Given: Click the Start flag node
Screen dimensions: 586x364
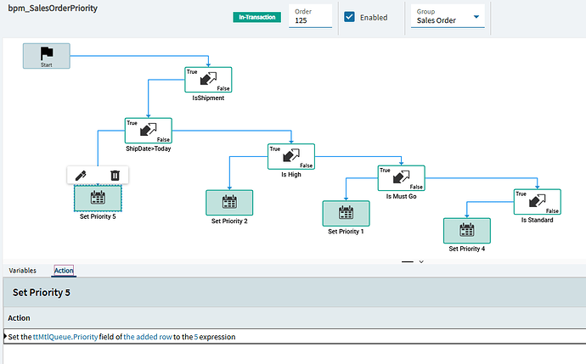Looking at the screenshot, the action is pyautogui.click(x=47, y=56).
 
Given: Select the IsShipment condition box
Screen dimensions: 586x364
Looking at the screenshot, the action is pyautogui.click(x=208, y=80).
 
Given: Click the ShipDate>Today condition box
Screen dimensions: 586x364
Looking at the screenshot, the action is pyautogui.click(x=149, y=131).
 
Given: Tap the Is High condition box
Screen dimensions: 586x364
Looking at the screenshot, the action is pyautogui.click(x=291, y=156).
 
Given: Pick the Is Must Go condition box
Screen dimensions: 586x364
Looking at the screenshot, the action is pyautogui.click(x=402, y=178).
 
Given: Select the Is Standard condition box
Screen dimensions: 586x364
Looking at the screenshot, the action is pyautogui.click(x=538, y=202).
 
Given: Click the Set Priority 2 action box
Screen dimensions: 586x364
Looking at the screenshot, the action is pyautogui.click(x=229, y=203).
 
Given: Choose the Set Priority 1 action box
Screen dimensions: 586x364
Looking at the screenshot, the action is pyautogui.click(x=346, y=214).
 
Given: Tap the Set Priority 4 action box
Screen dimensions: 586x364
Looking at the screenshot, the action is pyautogui.click(x=467, y=231).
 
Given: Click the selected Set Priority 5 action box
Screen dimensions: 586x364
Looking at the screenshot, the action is pyautogui.click(x=98, y=199).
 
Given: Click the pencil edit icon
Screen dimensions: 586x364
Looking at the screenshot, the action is pyautogui.click(x=81, y=175).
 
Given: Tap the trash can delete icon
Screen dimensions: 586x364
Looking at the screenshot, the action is pyautogui.click(x=116, y=175).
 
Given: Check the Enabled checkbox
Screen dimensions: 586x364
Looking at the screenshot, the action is pyautogui.click(x=349, y=17).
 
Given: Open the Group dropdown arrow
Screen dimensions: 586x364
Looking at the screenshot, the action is pyautogui.click(x=476, y=17).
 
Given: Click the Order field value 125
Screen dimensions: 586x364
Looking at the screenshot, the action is pyautogui.click(x=301, y=20).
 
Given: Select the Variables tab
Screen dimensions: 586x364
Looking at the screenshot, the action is pyautogui.click(x=22, y=271).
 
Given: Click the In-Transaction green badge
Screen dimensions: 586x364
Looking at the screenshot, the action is pyautogui.click(x=257, y=17).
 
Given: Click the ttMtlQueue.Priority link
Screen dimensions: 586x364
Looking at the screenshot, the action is pyautogui.click(x=65, y=337).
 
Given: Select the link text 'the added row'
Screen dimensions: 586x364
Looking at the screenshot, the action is pyautogui.click(x=148, y=337).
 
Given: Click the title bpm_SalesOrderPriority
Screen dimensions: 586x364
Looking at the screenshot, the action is pyautogui.click(x=53, y=8).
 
